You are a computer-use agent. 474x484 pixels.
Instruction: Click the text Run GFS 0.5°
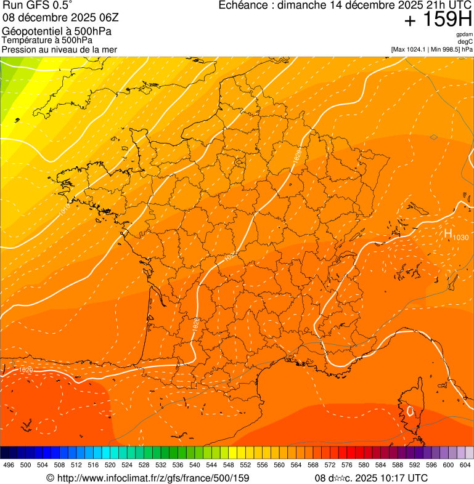37,6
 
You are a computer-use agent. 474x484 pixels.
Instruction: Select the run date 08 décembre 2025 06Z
59,17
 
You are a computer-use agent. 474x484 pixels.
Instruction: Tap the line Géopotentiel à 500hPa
57,31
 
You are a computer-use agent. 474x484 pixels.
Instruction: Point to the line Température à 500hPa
47,40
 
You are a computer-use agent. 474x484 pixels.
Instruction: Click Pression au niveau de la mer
59,49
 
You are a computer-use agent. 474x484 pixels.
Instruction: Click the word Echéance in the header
245,6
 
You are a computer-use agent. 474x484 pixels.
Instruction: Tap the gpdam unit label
464,34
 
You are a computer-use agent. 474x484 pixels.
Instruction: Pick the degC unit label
465,41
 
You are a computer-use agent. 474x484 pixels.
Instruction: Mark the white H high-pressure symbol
447,233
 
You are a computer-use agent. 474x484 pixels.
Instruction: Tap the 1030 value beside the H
460,238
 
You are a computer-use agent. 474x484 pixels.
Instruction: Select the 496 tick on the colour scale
9,465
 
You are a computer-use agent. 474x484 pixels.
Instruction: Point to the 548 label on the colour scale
228,465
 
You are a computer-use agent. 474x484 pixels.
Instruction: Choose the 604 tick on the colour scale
465,465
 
